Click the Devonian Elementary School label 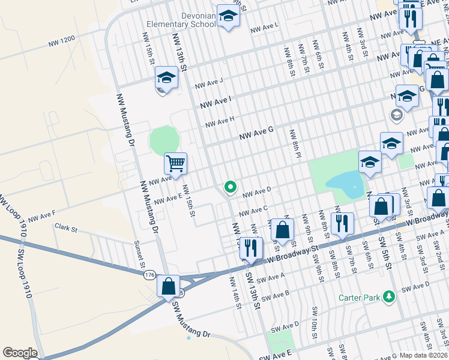coord(181,19)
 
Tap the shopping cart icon coord(175,163)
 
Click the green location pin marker coord(229,188)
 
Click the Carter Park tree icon coord(390,296)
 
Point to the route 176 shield coord(149,275)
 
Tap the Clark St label coord(66,229)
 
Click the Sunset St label coord(142,256)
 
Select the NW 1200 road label coord(62,41)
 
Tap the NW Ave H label coord(219,122)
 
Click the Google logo coord(20,353)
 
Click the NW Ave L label coord(264,27)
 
